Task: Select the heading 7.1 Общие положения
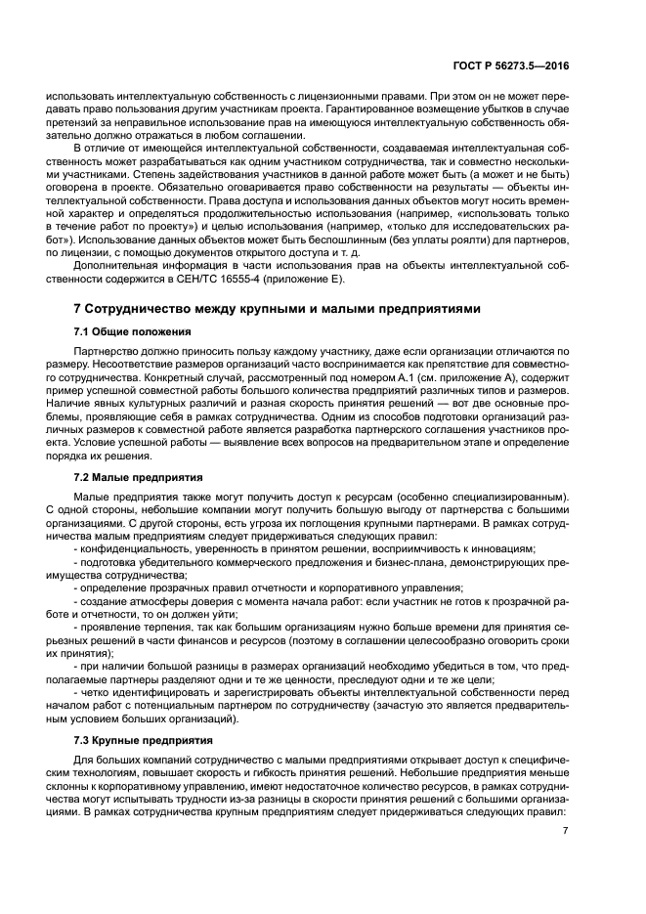[x=132, y=332]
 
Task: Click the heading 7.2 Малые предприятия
[x=138, y=478]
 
